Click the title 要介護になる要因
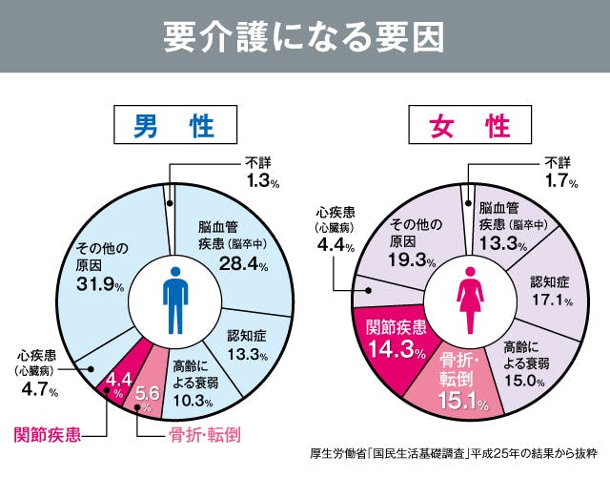click(x=304, y=36)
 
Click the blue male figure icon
click(x=173, y=300)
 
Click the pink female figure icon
click(x=471, y=300)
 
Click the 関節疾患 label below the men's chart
click(x=47, y=435)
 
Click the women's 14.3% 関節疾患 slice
click(x=392, y=338)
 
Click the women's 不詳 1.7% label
click(x=558, y=172)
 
